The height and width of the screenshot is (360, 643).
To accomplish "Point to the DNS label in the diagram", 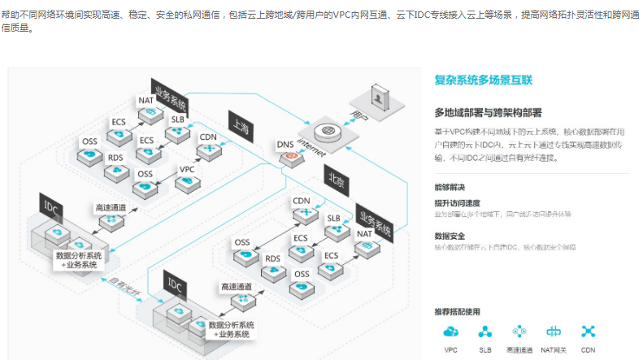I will coord(285,145).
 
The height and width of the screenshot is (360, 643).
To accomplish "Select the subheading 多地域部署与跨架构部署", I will coord(488,112).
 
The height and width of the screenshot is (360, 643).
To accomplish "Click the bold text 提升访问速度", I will coord(457,203).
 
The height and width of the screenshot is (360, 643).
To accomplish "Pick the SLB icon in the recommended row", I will coord(485,332).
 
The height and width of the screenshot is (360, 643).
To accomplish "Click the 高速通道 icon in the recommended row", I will coord(519,332).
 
